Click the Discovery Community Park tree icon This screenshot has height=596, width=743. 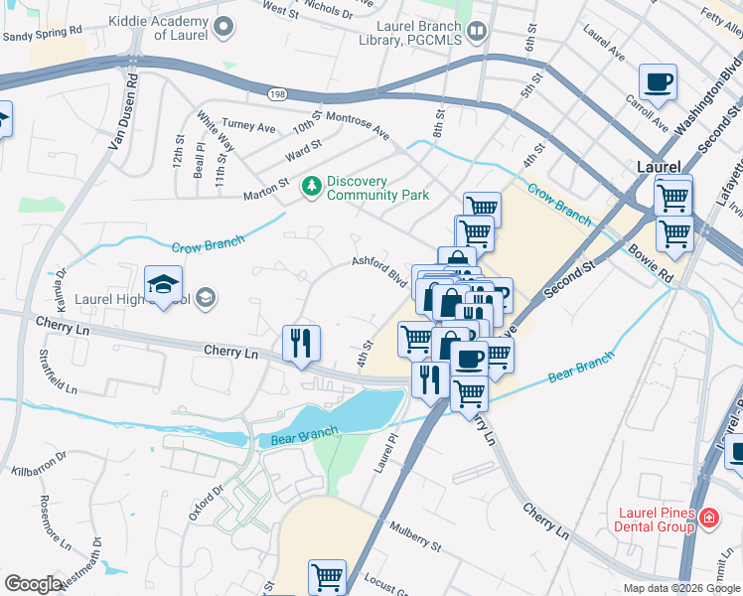point(313,186)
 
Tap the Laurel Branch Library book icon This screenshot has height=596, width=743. point(477,32)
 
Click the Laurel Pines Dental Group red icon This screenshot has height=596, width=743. point(709,518)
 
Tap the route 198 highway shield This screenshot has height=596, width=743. point(276,93)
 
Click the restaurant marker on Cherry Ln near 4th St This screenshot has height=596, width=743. point(301,343)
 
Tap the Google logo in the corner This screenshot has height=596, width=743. point(33,584)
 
